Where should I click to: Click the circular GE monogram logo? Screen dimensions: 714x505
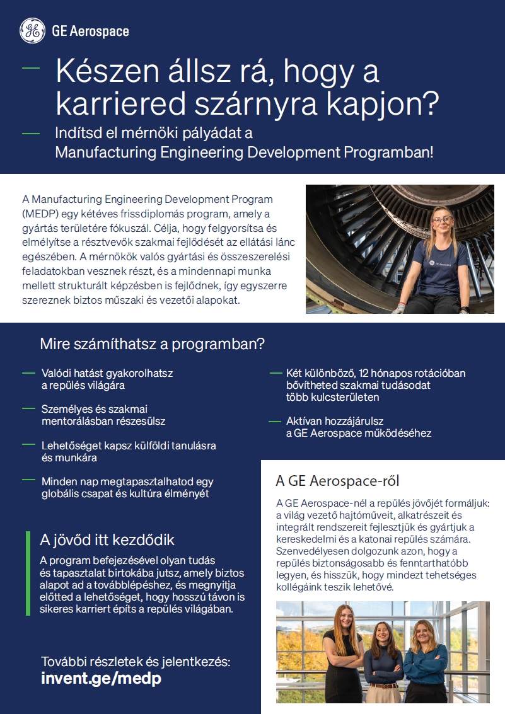[32, 31]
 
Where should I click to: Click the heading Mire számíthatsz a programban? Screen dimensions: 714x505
[152, 345]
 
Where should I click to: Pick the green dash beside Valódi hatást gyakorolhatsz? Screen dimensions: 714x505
[28, 373]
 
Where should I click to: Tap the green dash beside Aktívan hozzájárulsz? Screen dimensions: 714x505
[274, 420]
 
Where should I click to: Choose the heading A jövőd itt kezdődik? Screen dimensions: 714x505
[107, 539]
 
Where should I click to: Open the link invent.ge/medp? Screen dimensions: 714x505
[101, 678]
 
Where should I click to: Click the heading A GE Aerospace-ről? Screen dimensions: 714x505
[337, 481]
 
